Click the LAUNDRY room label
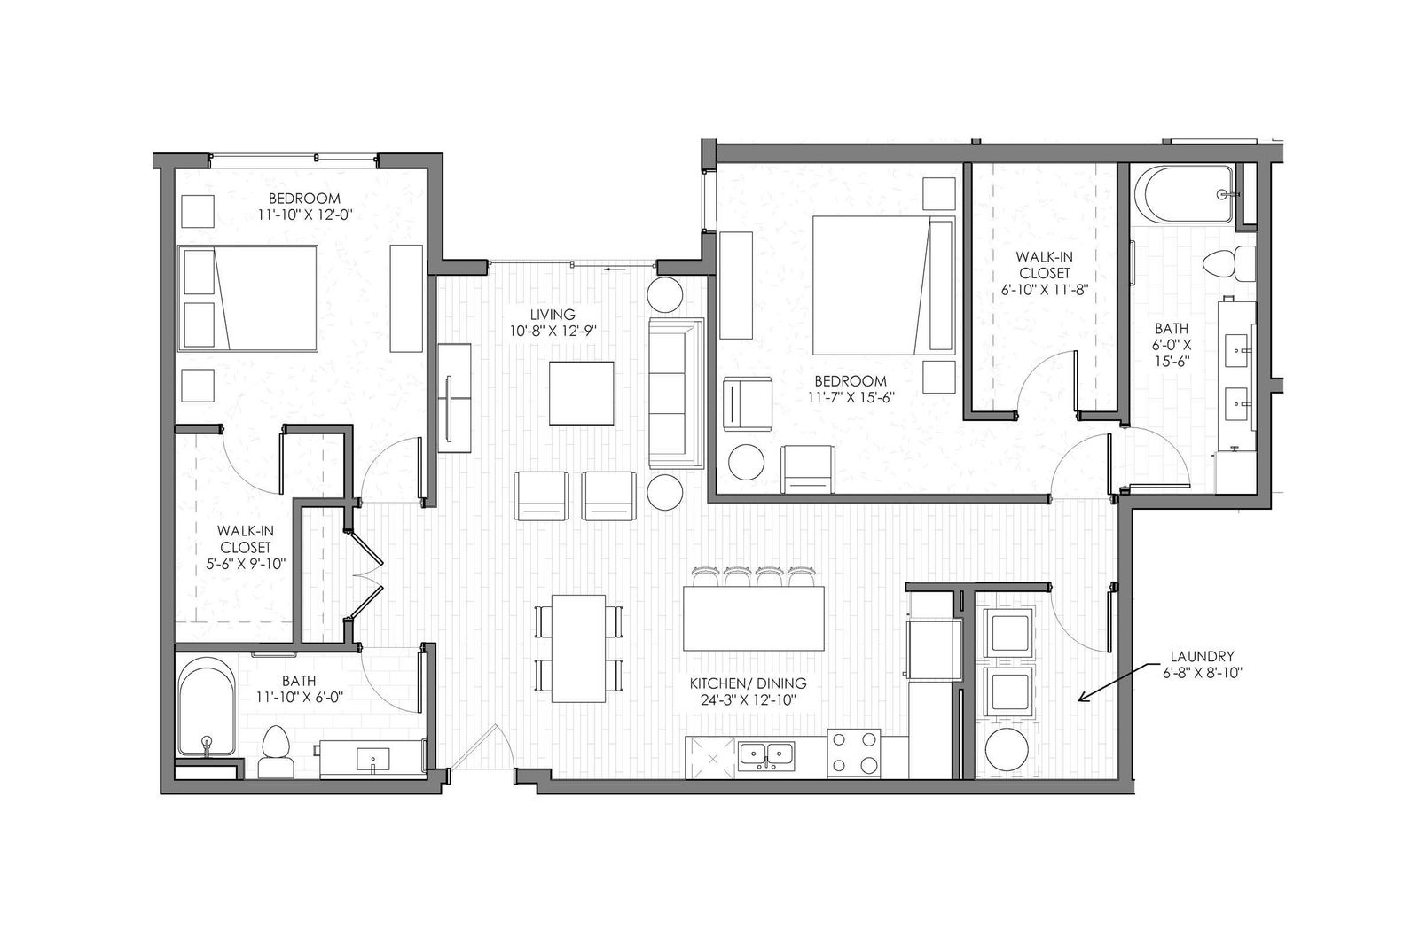coord(1202,657)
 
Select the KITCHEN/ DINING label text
coord(748,683)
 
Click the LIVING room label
coord(553,315)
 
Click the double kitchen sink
coord(766,754)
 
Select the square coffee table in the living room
coord(581,394)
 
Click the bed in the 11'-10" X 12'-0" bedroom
coord(248,299)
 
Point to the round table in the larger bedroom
coord(746,463)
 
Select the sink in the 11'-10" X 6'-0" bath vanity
coord(372,760)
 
